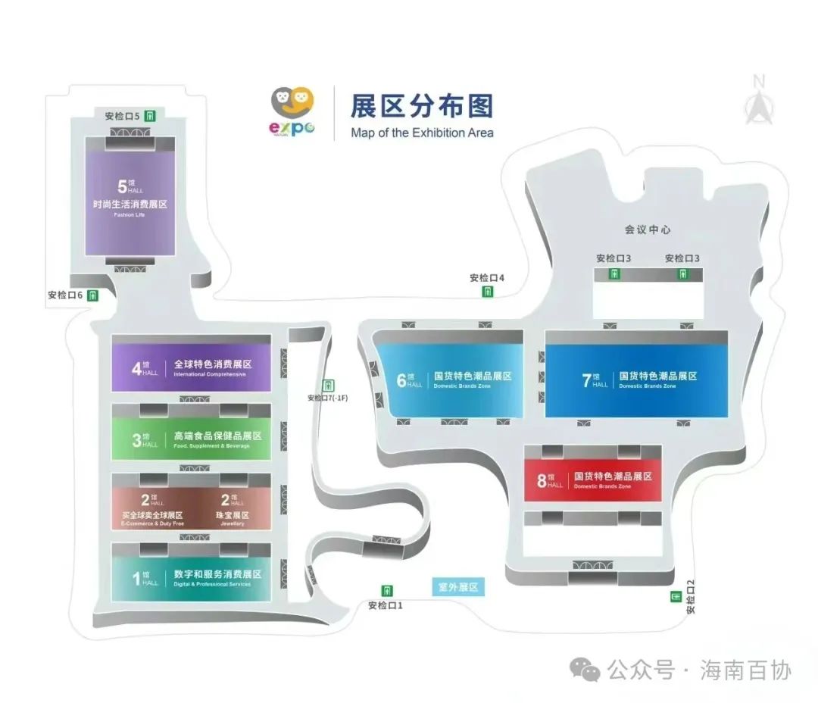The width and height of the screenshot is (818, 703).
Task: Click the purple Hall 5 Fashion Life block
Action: click(130, 198)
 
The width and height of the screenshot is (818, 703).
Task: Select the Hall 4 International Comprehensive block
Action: click(191, 368)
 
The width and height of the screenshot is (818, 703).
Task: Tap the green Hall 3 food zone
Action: click(191, 439)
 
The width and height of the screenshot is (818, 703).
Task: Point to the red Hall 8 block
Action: click(593, 480)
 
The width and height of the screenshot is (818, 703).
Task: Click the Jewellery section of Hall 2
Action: click(232, 509)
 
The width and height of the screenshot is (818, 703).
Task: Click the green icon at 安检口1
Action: click(388, 590)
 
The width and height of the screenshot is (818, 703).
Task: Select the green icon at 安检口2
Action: click(675, 597)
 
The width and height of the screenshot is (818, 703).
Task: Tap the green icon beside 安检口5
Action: click(151, 116)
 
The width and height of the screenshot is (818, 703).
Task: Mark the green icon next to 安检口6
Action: click(92, 295)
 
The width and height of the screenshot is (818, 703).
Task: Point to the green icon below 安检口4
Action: click(488, 292)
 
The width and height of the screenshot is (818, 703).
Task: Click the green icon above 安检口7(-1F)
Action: click(327, 385)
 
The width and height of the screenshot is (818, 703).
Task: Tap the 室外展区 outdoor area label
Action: click(459, 587)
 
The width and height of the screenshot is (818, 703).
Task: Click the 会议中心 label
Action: click(647, 229)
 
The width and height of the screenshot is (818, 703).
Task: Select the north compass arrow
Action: click(758, 102)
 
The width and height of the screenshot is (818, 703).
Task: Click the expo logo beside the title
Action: click(292, 111)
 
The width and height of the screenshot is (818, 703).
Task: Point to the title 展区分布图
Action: click(421, 106)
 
